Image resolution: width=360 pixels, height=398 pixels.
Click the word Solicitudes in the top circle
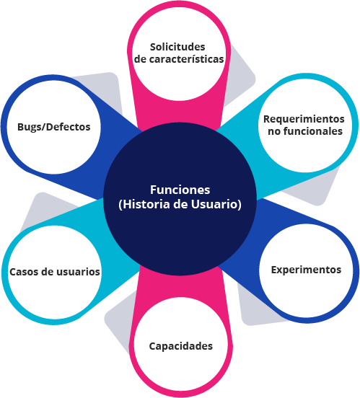(x=177, y=47)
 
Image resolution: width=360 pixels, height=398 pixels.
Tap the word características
(x=186, y=59)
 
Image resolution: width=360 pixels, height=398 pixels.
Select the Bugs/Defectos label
(x=54, y=127)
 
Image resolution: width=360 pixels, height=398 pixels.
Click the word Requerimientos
(x=304, y=119)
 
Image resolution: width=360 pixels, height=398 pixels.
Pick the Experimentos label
(x=306, y=270)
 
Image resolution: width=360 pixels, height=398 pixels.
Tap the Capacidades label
(x=181, y=346)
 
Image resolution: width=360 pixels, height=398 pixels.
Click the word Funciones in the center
(x=180, y=190)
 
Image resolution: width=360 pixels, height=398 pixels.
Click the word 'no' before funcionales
(x=274, y=132)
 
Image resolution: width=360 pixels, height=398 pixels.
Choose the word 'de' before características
(x=140, y=59)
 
